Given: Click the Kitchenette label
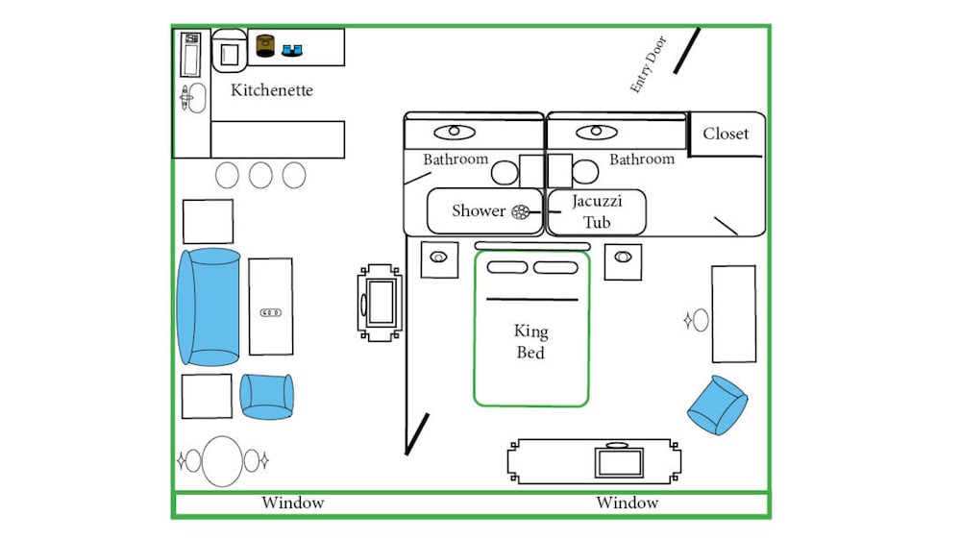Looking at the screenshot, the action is (x=272, y=90).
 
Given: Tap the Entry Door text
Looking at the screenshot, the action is (x=648, y=64).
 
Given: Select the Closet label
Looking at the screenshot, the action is (x=726, y=134).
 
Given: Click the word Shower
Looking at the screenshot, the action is (x=479, y=210).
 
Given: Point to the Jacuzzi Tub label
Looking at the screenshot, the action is (x=597, y=211).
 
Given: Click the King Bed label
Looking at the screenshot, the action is (x=530, y=341).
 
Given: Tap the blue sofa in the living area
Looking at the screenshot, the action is (x=209, y=307).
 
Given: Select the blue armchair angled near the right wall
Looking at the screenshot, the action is (x=717, y=405).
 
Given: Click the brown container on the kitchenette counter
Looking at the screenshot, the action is (x=265, y=46).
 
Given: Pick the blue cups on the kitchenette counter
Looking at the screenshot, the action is (x=292, y=50).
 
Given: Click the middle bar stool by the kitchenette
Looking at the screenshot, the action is (x=260, y=175).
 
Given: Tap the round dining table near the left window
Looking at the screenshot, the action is (x=223, y=461).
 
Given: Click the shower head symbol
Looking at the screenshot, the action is (x=520, y=212).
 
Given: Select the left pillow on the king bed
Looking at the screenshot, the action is (x=506, y=267).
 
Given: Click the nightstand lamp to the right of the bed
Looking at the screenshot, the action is (x=623, y=257).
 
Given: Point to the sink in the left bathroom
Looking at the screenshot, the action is (x=455, y=132).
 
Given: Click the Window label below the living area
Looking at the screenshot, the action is (x=293, y=503).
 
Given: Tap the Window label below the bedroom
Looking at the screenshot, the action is (x=627, y=503).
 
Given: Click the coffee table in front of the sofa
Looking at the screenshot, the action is (x=270, y=307).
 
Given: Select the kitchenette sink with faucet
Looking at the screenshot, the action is (x=193, y=98).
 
